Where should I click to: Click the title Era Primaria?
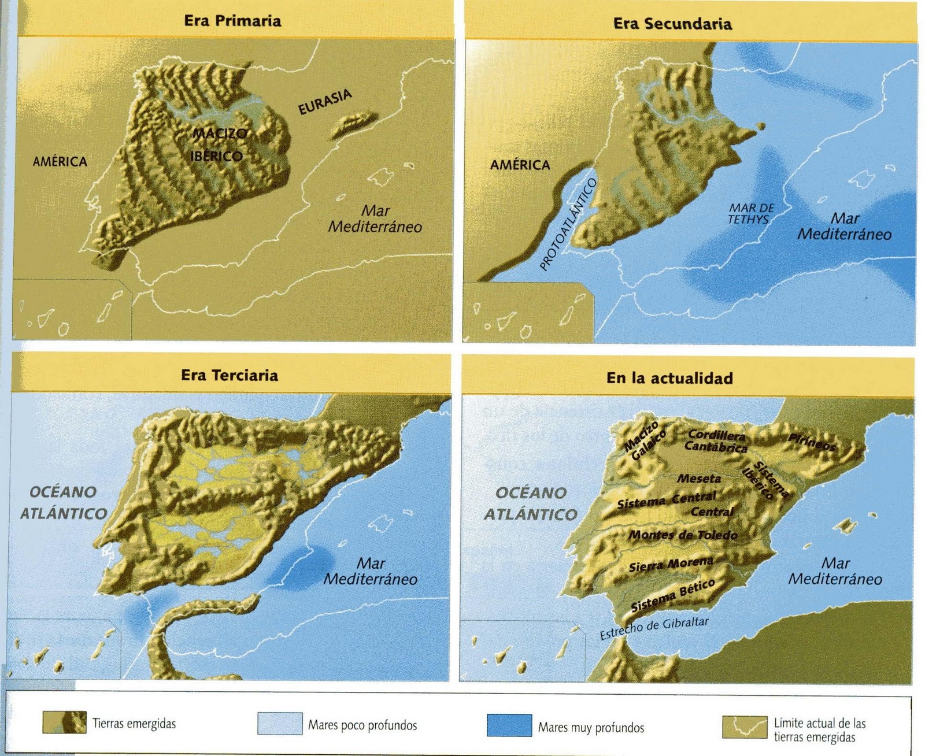[x=232, y=21]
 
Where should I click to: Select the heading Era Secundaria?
[x=672, y=24]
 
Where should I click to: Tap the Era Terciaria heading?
[x=230, y=375]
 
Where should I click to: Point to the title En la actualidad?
[x=669, y=378]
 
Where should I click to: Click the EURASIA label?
[x=325, y=102]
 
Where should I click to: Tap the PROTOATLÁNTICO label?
[x=568, y=225]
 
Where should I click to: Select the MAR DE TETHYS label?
[x=750, y=213]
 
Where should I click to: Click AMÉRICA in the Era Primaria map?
[x=60, y=161]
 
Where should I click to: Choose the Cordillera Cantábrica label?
[x=716, y=440]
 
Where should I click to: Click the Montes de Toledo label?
[x=683, y=535]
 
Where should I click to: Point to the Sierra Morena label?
[x=671, y=564]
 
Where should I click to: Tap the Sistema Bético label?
[x=673, y=595]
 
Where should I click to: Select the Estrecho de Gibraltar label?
[x=654, y=628]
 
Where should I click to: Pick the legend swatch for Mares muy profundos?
[x=509, y=725]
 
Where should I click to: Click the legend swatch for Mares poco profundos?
[x=280, y=723]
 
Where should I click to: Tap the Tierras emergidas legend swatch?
[x=64, y=722]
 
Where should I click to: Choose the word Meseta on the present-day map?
[x=699, y=479]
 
